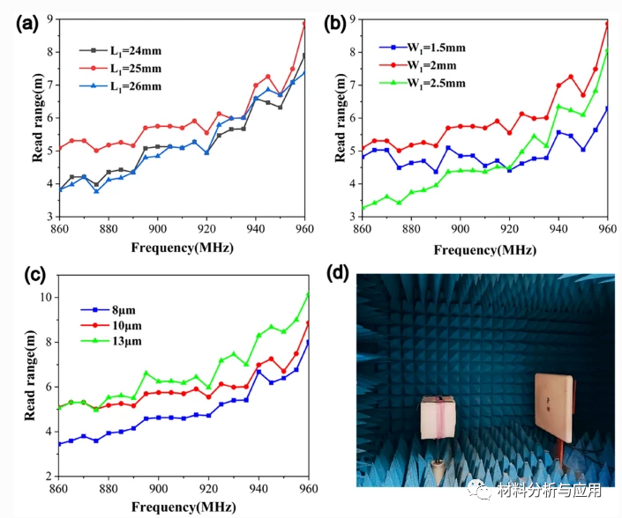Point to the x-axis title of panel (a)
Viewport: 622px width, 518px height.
pos(181,249)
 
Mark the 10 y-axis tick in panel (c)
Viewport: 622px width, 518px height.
pos(47,297)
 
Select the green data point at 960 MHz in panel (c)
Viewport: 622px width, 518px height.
pos(308,294)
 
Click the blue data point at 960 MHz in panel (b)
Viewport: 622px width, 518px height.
pos(607,108)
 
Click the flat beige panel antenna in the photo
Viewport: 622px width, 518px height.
pos(554,407)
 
